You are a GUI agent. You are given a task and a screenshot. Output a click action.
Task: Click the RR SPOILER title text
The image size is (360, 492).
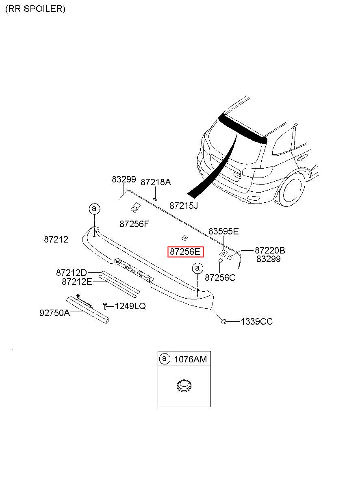35,9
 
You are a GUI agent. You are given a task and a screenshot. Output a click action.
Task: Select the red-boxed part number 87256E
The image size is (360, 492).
185,252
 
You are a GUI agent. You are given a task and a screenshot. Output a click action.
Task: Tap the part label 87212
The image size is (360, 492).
56,239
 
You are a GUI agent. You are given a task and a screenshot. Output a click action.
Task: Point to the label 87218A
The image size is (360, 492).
156,182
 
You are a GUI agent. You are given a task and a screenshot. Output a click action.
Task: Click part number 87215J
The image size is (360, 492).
184,206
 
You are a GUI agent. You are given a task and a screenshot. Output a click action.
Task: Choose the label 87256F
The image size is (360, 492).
134,224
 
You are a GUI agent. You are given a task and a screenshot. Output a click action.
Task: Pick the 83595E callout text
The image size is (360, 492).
223,231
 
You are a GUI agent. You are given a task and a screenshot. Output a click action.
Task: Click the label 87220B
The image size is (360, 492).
270,250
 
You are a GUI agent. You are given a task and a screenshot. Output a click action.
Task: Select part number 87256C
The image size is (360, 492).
220,277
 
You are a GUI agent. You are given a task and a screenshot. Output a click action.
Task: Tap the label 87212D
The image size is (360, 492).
72,273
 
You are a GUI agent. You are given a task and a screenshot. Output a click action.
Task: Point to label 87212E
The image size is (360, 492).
77,282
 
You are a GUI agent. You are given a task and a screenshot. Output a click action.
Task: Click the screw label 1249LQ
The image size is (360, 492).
130,306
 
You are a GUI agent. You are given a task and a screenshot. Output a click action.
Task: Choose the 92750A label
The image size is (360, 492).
54,313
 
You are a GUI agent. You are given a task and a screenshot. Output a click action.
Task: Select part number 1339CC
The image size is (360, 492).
257,321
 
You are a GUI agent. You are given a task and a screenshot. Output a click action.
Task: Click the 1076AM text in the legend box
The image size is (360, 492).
191,359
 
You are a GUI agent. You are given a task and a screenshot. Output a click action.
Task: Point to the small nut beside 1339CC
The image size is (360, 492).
224,321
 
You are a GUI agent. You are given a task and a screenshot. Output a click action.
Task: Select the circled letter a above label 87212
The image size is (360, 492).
94,209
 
